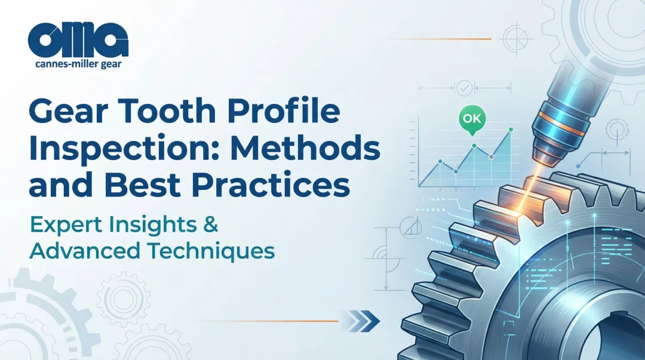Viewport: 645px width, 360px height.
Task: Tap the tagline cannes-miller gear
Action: pyautogui.click(x=78, y=63)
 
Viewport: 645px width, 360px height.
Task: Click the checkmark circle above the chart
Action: pyautogui.click(x=463, y=88)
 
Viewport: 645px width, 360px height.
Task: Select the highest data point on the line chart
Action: pyautogui.click(x=511, y=130)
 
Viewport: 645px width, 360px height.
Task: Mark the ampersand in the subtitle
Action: pyautogui.click(x=211, y=226)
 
